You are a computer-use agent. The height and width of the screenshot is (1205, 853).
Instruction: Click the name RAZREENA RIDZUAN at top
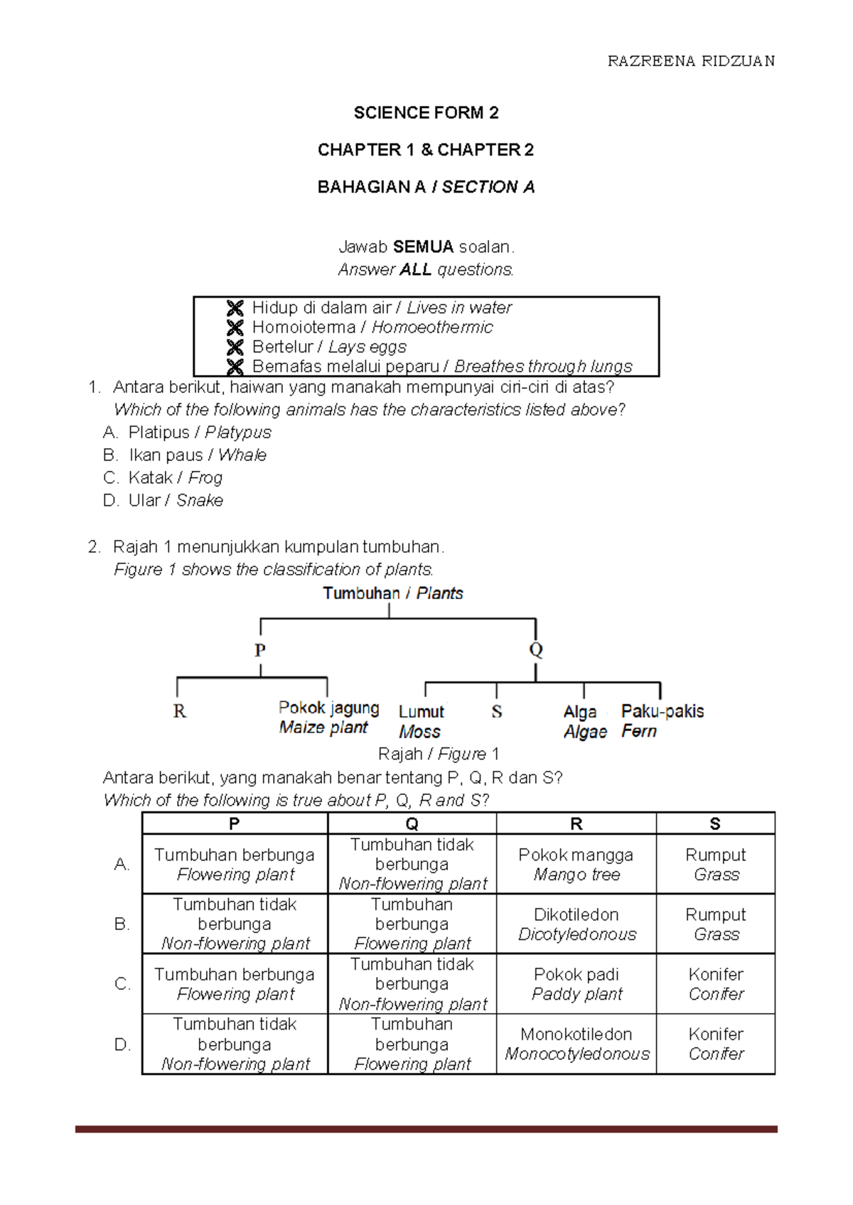[691, 61]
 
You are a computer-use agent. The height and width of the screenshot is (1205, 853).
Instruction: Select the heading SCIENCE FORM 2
[426, 113]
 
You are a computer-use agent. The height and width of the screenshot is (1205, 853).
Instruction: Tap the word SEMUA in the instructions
[423, 247]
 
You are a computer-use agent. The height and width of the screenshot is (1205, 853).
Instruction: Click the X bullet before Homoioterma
[235, 328]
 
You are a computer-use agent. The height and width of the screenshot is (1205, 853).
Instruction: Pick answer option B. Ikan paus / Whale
[185, 455]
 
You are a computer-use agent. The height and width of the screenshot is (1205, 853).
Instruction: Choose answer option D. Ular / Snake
[163, 500]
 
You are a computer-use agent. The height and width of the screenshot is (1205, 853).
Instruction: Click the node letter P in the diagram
[260, 650]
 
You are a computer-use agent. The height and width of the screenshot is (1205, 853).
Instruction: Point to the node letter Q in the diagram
[535, 649]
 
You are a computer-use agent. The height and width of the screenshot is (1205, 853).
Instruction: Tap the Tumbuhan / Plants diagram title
[392, 593]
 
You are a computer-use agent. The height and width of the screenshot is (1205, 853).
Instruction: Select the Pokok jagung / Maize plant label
[328, 717]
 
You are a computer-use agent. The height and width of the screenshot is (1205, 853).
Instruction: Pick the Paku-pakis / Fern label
[661, 720]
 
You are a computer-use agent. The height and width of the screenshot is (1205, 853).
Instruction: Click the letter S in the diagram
[496, 711]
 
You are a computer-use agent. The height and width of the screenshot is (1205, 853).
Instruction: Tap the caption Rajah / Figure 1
[438, 754]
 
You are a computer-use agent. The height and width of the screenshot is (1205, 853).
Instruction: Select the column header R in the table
[576, 823]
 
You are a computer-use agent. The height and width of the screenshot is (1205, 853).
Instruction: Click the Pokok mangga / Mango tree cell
[576, 864]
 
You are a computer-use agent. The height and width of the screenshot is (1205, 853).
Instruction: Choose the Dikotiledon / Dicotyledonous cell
[576, 924]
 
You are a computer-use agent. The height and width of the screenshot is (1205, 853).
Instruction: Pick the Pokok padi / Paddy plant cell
[576, 983]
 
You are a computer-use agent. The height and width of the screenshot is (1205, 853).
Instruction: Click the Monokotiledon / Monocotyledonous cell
[576, 1044]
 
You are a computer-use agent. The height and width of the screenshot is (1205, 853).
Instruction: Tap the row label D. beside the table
[122, 1044]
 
